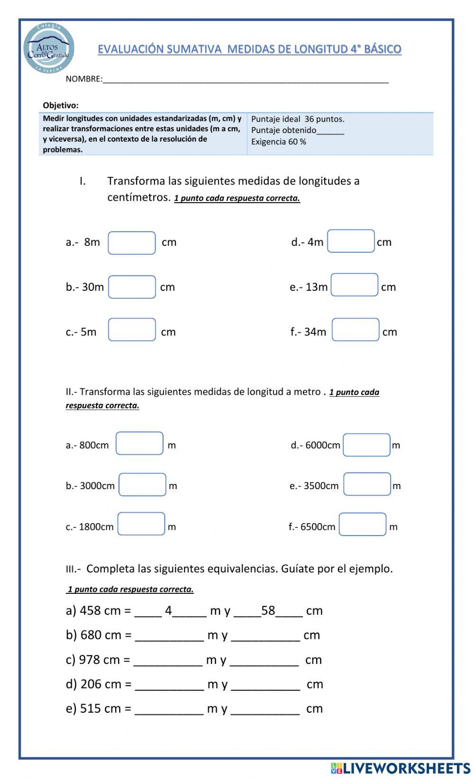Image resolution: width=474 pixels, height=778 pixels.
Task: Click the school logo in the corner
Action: click(x=49, y=49)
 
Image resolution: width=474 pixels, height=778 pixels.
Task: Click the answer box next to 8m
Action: click(x=132, y=243)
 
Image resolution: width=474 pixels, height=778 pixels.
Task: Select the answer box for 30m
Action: click(x=132, y=287)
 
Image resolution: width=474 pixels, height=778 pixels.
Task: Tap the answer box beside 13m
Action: click(x=354, y=285)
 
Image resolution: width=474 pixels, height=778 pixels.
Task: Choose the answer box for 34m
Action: click(x=355, y=330)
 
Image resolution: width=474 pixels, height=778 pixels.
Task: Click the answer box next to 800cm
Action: click(x=139, y=443)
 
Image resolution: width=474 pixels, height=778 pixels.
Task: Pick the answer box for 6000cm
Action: click(x=366, y=445)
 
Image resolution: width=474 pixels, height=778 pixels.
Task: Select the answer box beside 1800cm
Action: click(x=141, y=524)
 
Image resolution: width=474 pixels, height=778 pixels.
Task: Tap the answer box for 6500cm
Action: click(x=362, y=525)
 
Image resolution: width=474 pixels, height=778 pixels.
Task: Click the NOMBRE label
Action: click(x=84, y=79)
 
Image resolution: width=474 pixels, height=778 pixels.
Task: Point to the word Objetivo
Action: click(x=61, y=106)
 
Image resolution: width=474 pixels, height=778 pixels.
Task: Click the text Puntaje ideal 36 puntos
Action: click(x=298, y=119)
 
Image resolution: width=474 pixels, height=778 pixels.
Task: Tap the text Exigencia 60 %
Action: click(x=279, y=142)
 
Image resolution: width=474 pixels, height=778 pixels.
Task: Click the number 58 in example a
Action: click(x=268, y=610)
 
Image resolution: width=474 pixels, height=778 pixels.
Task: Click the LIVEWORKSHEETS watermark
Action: click(x=401, y=768)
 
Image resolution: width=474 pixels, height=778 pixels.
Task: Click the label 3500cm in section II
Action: click(x=321, y=486)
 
